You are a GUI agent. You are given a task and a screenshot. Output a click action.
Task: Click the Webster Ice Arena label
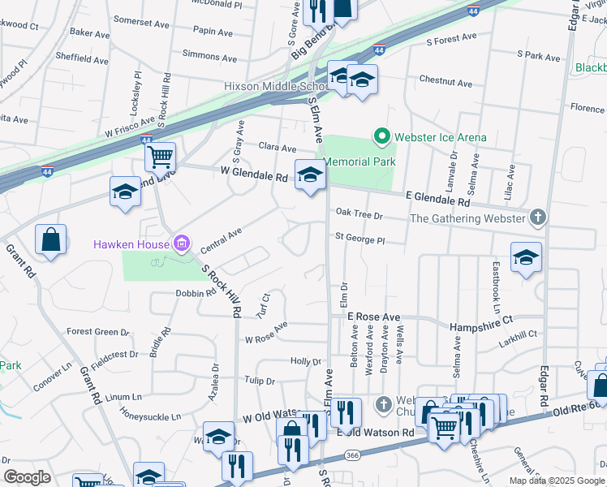[441, 137]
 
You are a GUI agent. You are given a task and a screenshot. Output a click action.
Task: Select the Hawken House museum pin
[181, 243]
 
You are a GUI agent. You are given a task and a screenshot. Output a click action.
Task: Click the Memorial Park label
[361, 162]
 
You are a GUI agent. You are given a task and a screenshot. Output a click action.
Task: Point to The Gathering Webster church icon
[536, 218]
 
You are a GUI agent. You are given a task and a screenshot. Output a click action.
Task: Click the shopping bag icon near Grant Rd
[50, 239]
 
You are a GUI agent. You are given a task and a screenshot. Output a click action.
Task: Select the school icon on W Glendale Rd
[309, 175]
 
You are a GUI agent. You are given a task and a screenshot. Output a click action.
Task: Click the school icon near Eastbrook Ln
[525, 257]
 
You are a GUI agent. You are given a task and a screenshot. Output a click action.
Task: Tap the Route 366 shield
[353, 456]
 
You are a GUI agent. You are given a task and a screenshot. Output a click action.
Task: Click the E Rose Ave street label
[373, 317]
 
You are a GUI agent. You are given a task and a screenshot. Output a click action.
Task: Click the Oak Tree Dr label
[358, 215]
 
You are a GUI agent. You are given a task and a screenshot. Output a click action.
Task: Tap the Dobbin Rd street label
[193, 293]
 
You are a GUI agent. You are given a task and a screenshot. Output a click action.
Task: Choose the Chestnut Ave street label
[446, 83]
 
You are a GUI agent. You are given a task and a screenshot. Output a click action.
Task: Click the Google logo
[27, 476]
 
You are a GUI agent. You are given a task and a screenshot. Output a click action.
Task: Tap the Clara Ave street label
[278, 148]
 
